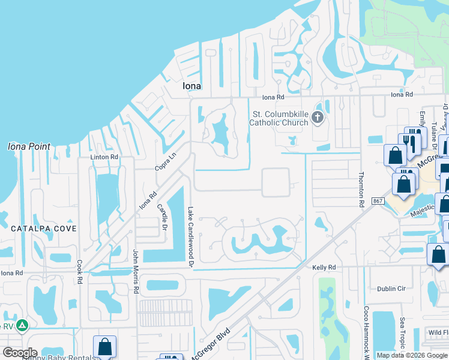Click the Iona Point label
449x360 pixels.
pyautogui.click(x=29, y=146)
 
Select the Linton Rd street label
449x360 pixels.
pyautogui.click(x=104, y=157)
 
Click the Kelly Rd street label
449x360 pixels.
pyautogui.click(x=323, y=267)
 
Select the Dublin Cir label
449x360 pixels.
pyautogui.click(x=391, y=289)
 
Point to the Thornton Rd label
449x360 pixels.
pyautogui.click(x=361, y=190)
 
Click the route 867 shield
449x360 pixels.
pyautogui.click(x=378, y=201)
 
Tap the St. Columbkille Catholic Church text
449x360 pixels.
pyautogui.click(x=280, y=118)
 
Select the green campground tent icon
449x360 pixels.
pyautogui.click(x=22, y=326)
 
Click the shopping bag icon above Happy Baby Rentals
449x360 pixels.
pyautogui.click(x=105, y=346)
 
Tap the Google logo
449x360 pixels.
pyautogui.click(x=20, y=353)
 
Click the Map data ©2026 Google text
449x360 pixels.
pyautogui.click(x=411, y=355)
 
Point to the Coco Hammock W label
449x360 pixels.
pyautogui.click(x=367, y=330)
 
